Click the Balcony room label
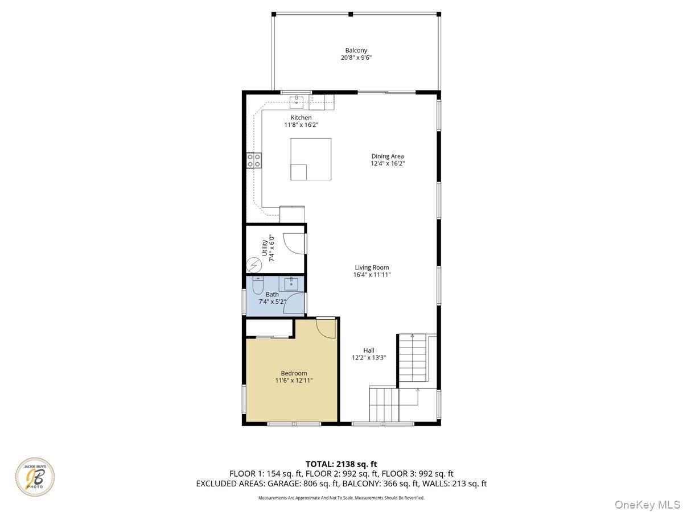click(x=356, y=51)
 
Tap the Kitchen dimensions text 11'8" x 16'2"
click(x=301, y=125)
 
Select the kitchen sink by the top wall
click(x=297, y=102)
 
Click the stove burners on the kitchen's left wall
click(x=254, y=160)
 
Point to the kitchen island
click(x=311, y=159)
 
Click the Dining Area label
click(x=388, y=156)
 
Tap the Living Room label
click(x=372, y=267)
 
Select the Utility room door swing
click(x=293, y=243)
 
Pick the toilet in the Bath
click(x=258, y=284)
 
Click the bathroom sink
click(x=291, y=283)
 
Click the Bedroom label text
click(x=294, y=373)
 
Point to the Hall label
click(x=369, y=350)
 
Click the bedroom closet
click(x=269, y=328)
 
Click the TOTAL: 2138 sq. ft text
click(x=341, y=464)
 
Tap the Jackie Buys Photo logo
click(x=35, y=477)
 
